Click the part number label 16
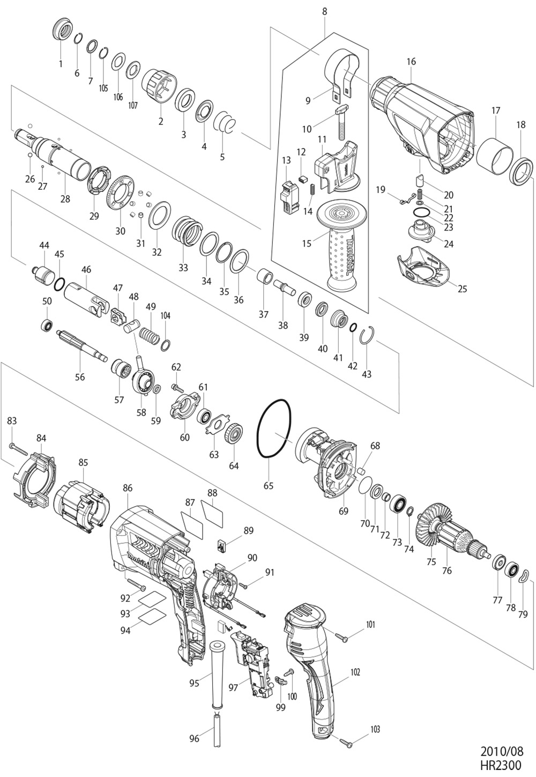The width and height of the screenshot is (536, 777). [x=411, y=62]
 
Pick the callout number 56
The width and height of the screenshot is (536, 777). [x=80, y=377]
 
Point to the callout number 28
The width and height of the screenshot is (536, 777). [x=65, y=198]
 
